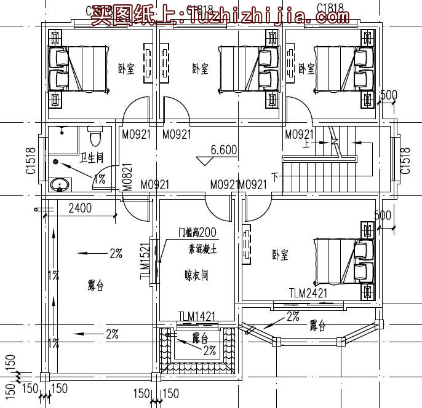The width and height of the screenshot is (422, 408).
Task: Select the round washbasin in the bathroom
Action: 60,184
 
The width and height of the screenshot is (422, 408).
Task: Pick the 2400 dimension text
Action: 80,208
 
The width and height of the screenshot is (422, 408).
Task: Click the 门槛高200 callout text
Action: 197,232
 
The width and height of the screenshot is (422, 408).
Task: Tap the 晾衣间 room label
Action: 196,275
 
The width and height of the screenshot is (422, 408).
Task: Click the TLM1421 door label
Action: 197,316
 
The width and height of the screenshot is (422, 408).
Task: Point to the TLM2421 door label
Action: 308,293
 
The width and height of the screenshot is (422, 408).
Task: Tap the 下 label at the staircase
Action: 274,177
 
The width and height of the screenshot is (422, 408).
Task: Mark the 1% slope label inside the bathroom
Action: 99,178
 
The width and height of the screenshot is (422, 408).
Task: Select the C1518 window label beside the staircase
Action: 405,161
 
